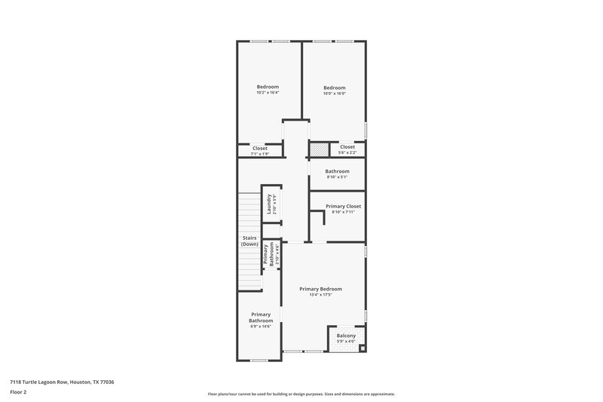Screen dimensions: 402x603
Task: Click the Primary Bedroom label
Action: point(320,289)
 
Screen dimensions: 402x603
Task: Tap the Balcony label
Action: point(346,336)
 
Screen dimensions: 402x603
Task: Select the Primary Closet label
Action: point(343,206)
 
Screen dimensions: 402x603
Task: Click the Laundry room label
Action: point(269,204)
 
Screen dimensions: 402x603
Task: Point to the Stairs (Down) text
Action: point(249,241)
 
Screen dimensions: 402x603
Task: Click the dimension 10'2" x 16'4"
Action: point(268,93)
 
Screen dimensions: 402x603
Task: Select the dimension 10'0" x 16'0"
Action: point(334,93)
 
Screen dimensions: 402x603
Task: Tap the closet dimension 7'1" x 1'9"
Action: point(259,154)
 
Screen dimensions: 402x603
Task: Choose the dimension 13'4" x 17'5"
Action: point(320,295)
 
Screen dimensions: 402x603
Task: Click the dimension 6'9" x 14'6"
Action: point(261,327)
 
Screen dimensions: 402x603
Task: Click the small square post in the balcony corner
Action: point(362,348)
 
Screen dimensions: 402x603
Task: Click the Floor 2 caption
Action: point(18,392)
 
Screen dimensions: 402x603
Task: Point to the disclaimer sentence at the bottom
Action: point(301,394)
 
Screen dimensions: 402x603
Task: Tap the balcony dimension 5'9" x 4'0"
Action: point(346,342)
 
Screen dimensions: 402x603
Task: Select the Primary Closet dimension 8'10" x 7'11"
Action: point(343,212)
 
